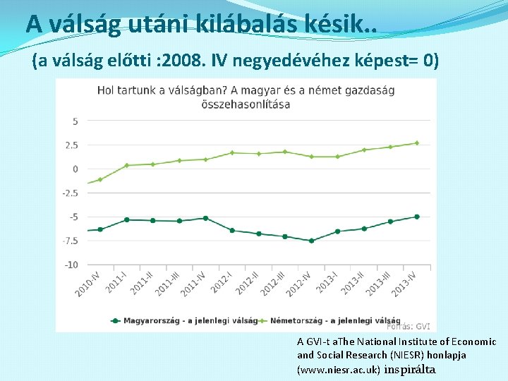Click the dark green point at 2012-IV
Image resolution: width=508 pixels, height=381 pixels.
pyautogui.click(x=311, y=241)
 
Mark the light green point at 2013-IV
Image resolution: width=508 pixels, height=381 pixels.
pyautogui.click(x=416, y=143)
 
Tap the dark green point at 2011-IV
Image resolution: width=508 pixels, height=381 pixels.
pyautogui.click(x=205, y=218)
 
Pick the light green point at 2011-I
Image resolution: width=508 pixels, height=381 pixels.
pyautogui.click(x=126, y=165)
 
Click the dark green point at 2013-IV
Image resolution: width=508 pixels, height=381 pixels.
pyautogui.click(x=416, y=217)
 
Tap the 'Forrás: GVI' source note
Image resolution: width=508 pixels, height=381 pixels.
pyautogui.click(x=409, y=327)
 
